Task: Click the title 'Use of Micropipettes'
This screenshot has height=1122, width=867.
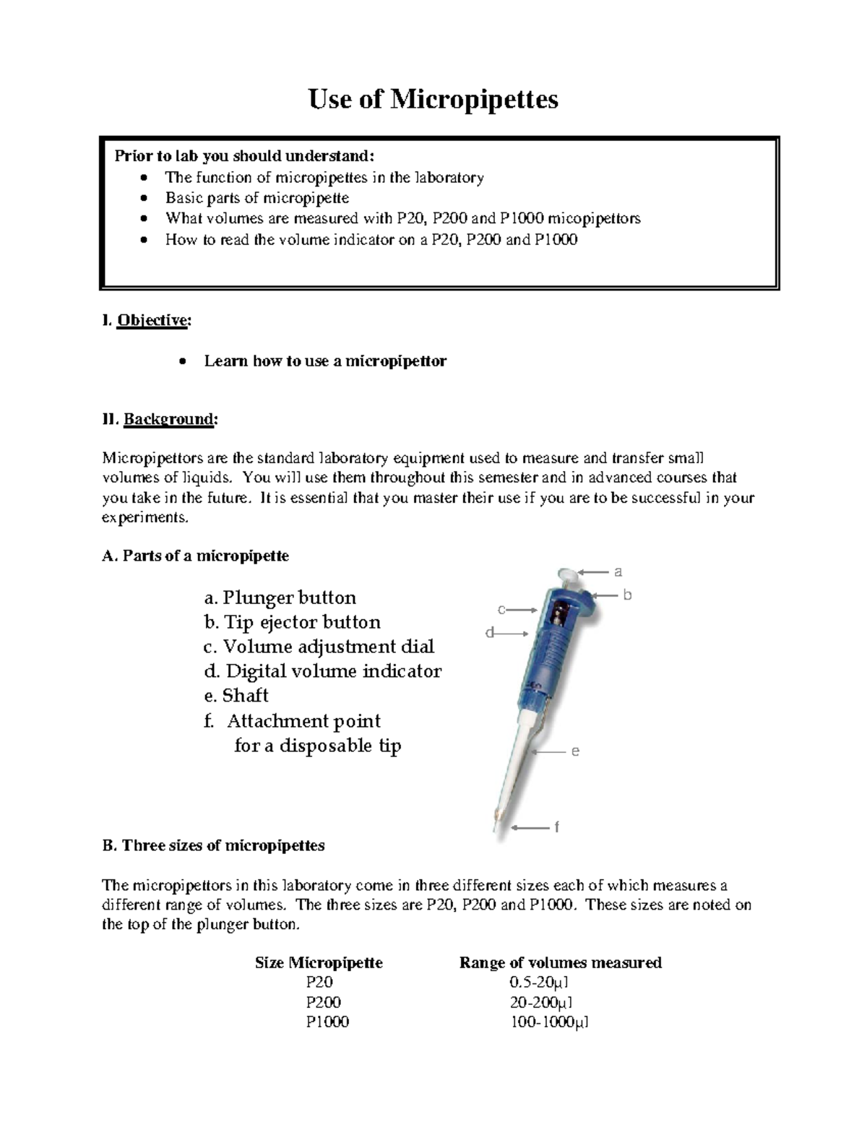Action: [x=433, y=99]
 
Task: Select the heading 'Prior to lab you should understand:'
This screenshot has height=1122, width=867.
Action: [x=245, y=156]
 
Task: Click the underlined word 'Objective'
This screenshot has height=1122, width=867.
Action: [x=152, y=320]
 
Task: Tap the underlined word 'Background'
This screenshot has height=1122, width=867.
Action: [x=169, y=419]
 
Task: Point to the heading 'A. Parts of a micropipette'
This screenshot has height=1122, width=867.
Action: [x=196, y=556]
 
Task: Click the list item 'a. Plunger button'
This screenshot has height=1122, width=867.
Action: [x=280, y=597]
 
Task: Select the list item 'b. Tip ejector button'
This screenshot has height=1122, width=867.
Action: [x=292, y=622]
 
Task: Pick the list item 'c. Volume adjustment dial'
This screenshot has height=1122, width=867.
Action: [x=319, y=647]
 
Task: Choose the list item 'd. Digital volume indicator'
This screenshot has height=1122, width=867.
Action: [x=322, y=671]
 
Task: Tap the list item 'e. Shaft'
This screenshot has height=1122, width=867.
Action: [x=236, y=696]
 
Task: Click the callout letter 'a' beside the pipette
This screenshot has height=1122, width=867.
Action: [x=618, y=572]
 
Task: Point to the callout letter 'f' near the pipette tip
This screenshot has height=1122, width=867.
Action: [x=556, y=827]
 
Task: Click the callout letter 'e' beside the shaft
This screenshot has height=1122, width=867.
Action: [x=575, y=751]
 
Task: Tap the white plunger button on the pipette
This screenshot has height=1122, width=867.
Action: [x=569, y=576]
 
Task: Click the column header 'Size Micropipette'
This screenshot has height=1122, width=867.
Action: [x=319, y=962]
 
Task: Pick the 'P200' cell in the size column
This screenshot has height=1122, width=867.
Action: [x=323, y=1002]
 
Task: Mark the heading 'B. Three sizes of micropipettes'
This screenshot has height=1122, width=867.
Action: [x=214, y=845]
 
